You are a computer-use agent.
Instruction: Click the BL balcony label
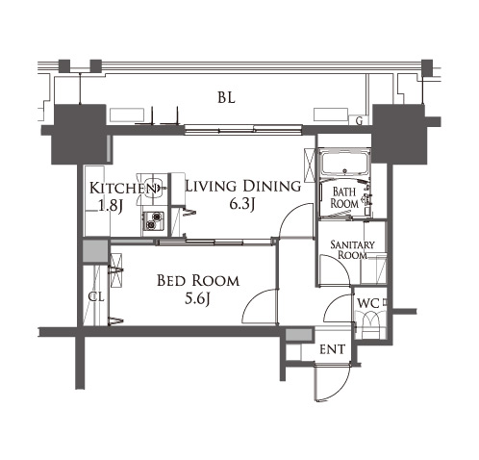tap(226, 97)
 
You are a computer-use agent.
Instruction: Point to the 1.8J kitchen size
tap(111, 206)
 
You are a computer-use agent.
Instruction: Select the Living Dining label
tap(243, 186)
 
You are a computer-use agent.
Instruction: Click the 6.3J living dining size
tap(242, 204)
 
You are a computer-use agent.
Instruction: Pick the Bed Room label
tap(198, 281)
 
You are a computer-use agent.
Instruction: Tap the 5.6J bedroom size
tap(197, 299)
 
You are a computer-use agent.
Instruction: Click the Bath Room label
tap(344, 197)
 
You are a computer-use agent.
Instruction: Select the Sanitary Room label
tap(352, 250)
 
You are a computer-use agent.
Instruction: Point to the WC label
tap(368, 303)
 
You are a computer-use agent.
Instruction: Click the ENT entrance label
tap(333, 349)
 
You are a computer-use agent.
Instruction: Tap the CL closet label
tap(96, 297)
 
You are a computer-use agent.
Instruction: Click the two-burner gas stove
tap(154, 221)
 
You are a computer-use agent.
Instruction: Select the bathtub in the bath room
tap(344, 164)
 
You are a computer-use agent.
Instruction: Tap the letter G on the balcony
tap(360, 121)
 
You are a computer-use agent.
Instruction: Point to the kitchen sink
tap(152, 189)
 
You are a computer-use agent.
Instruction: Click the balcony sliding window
tap(243, 130)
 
